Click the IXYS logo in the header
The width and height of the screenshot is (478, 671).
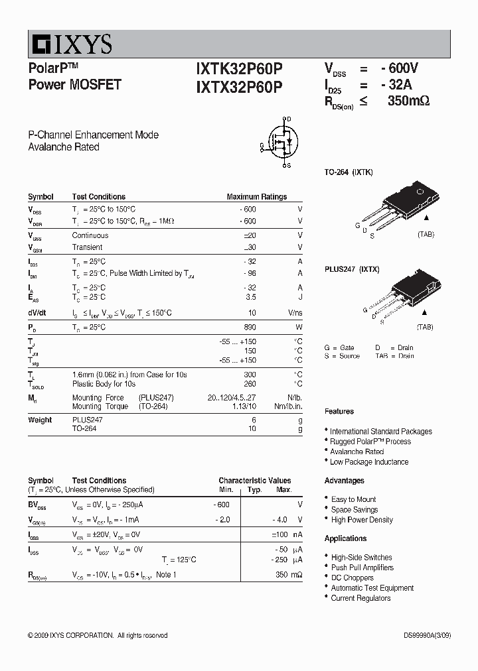(x=70, y=44)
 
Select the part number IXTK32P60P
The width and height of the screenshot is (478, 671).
(x=239, y=69)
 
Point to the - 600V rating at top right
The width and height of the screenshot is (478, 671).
(x=400, y=68)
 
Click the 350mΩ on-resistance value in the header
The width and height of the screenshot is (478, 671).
(x=408, y=101)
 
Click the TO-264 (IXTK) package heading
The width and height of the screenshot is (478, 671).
(x=349, y=172)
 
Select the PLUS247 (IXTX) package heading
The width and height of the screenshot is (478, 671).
(x=352, y=269)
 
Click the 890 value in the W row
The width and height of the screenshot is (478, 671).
(x=250, y=328)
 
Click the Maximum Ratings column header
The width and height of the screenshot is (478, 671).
(x=256, y=197)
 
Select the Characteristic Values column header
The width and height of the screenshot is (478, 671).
(x=255, y=481)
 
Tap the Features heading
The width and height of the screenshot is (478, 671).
(x=339, y=412)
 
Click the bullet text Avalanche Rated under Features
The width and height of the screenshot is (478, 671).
(x=357, y=452)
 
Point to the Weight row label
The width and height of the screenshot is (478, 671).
(x=40, y=420)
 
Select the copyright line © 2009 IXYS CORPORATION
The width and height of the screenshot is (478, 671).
(x=98, y=635)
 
